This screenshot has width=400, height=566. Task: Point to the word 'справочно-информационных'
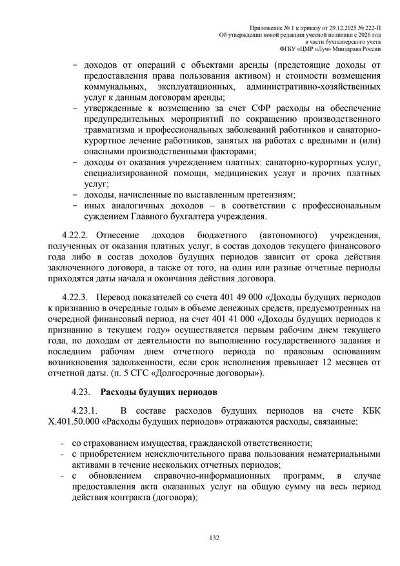[x=213, y=476]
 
